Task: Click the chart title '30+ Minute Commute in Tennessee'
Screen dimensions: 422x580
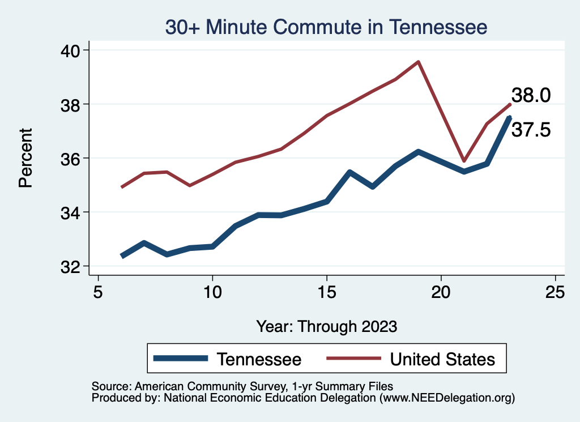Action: click(x=326, y=27)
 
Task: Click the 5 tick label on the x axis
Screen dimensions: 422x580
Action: click(x=98, y=292)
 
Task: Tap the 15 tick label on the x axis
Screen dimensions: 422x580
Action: click(x=327, y=292)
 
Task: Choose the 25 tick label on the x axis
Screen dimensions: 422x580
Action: click(x=555, y=292)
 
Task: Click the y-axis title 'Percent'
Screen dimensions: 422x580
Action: click(x=25, y=158)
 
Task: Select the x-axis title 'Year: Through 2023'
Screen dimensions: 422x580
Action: click(x=327, y=327)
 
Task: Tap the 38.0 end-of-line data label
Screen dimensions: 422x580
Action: click(x=531, y=95)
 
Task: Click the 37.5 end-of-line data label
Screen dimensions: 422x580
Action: click(x=531, y=130)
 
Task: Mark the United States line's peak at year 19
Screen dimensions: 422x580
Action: click(x=418, y=62)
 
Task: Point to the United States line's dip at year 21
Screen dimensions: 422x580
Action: click(x=464, y=161)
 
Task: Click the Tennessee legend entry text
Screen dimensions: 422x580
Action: click(x=259, y=359)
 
